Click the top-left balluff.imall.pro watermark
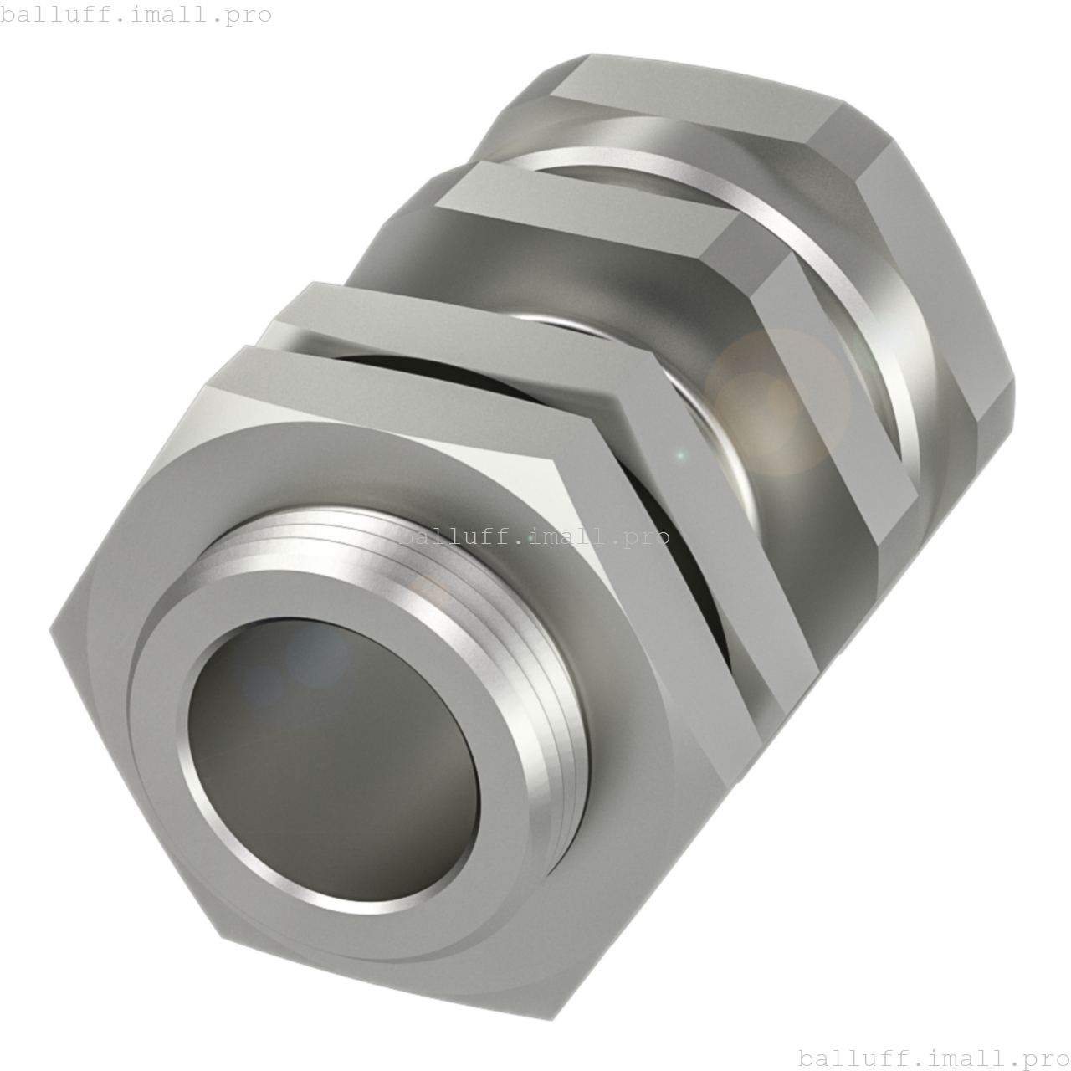(136, 14)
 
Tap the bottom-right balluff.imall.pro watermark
(934, 1058)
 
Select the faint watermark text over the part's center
(534, 536)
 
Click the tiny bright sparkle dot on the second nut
(680, 456)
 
